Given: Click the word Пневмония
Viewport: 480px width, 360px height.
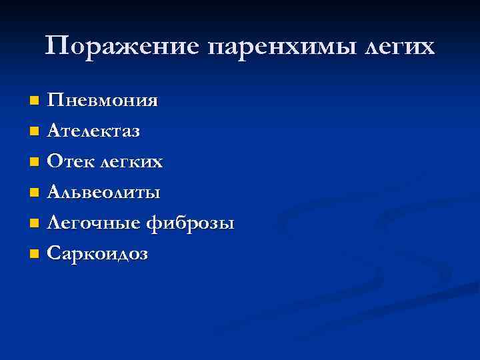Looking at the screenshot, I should coord(103,101).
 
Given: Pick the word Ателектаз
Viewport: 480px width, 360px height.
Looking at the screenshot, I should coord(93,131).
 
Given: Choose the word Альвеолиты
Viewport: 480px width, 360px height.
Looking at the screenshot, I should coord(103,193).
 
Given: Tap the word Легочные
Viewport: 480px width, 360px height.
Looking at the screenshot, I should coord(89,223).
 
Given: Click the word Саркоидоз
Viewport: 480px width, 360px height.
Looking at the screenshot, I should coord(97,254).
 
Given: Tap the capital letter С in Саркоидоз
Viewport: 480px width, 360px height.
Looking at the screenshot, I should coord(54,254).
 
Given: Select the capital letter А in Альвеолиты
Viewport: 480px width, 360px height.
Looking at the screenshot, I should coord(55,193).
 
